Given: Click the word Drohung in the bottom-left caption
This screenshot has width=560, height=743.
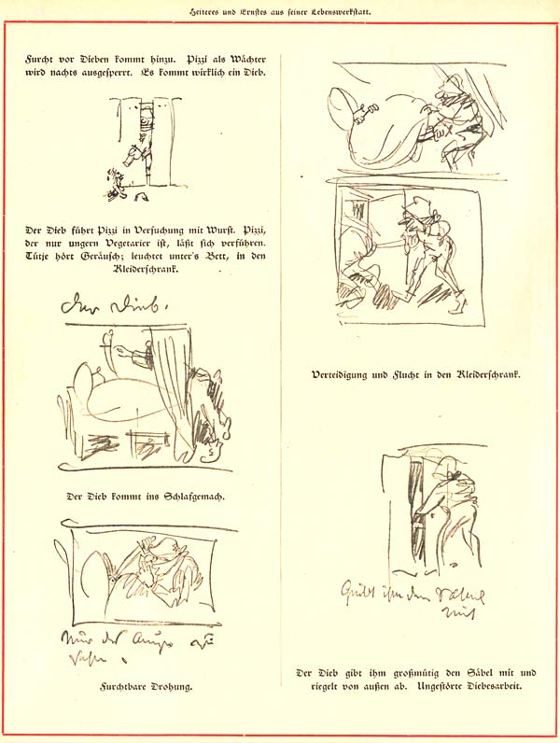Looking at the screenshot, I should click(171, 688).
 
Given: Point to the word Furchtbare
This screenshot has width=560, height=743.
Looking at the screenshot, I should click(123, 688).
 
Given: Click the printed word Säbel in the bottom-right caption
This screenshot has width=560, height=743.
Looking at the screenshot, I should click(474, 674).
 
